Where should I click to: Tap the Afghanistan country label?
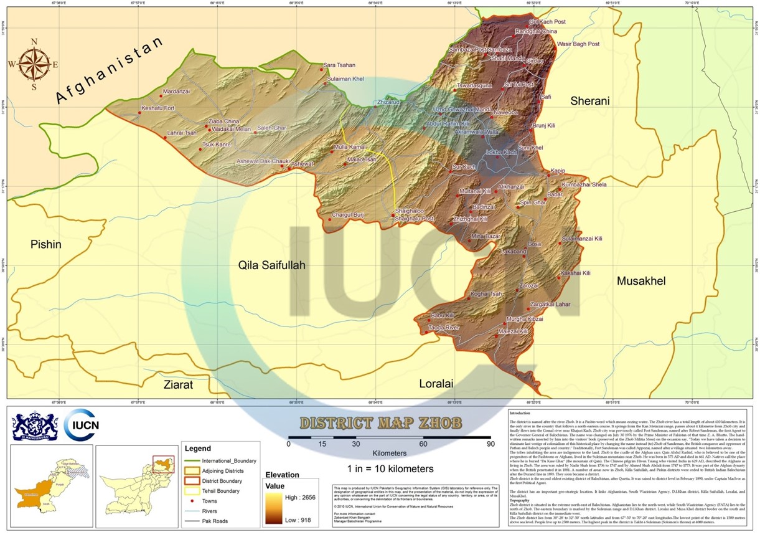point(110,70)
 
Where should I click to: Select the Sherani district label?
point(590,101)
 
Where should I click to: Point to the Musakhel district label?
point(640,282)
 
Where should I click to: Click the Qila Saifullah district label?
point(272,265)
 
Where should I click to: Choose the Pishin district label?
point(46,245)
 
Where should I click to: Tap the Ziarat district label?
point(178,384)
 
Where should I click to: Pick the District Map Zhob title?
point(381,424)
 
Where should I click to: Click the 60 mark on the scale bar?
point(423,444)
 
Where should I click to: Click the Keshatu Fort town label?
point(159,108)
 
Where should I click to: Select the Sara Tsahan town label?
point(339,65)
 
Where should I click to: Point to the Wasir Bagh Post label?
point(578,44)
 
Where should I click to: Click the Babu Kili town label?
point(443,316)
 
